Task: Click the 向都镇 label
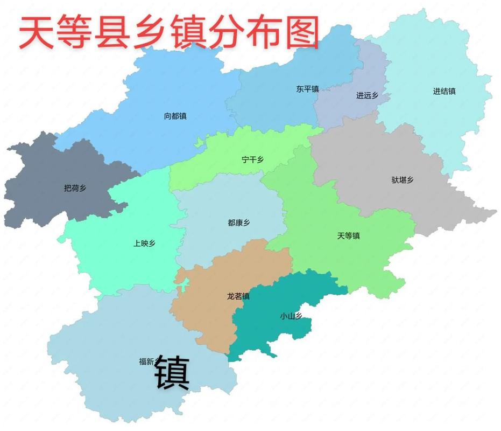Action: click(x=175, y=116)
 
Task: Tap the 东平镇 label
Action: click(x=307, y=89)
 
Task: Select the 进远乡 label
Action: click(x=367, y=96)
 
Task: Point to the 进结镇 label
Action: click(x=444, y=91)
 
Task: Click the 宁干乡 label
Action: click(x=252, y=160)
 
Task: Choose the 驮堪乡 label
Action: click(x=402, y=180)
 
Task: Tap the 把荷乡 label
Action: click(x=75, y=188)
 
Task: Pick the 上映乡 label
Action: click(x=144, y=244)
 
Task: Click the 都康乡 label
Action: click(x=238, y=223)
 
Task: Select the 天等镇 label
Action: click(x=348, y=236)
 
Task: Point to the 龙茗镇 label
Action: click(x=238, y=296)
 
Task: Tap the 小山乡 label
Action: click(x=291, y=316)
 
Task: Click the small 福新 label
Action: click(x=146, y=362)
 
